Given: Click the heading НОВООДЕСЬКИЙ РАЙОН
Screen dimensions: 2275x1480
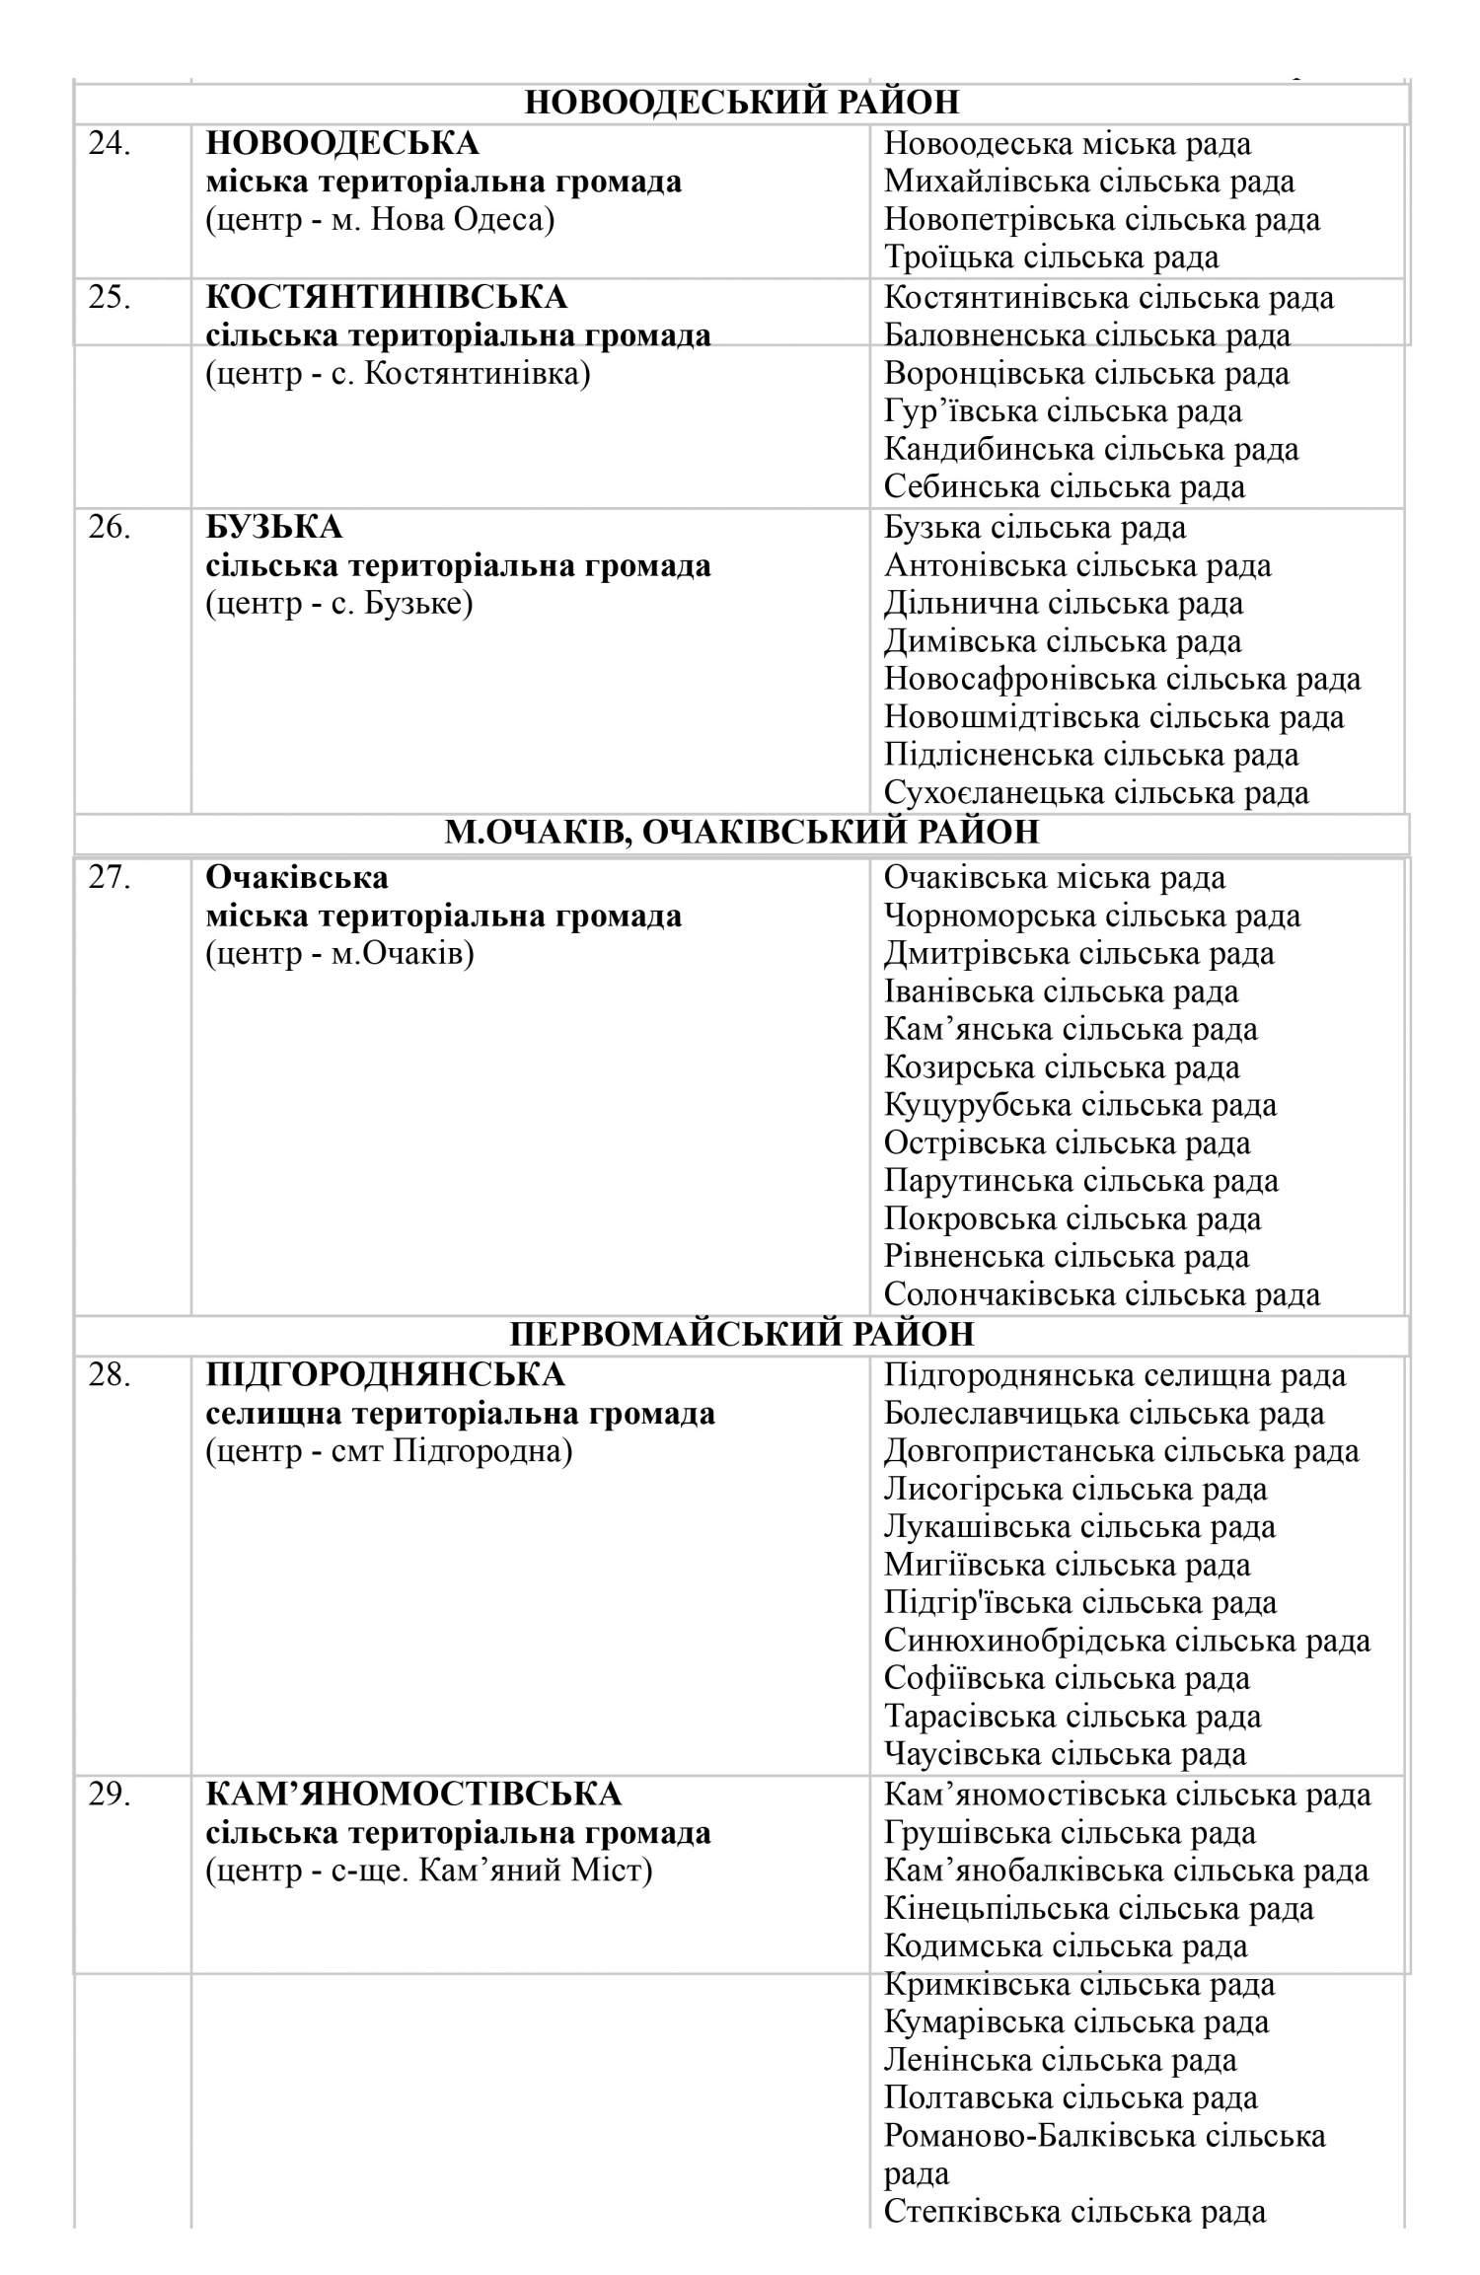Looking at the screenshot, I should click(x=741, y=103).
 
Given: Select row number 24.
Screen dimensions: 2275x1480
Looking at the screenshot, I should click(x=110, y=144).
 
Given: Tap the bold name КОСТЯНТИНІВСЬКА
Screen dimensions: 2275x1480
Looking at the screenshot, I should click(x=386, y=297).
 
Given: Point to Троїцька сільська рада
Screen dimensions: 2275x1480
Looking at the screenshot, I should click(x=1051, y=257).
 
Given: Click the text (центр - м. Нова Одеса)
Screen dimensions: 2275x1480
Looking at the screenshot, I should click(x=380, y=219).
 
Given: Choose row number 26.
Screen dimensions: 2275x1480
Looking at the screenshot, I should click(x=110, y=528).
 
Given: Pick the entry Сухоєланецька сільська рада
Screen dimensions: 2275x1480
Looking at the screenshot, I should click(x=1096, y=793).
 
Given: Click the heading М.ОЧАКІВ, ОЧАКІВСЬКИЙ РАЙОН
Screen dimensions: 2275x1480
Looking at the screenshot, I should click(x=741, y=833).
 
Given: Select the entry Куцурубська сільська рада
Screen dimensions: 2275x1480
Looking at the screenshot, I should click(x=1079, y=1105).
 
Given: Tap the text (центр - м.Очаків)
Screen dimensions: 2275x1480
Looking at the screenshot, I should click(x=339, y=954).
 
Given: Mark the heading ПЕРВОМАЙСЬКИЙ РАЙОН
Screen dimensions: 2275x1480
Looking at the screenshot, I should click(x=741, y=1334).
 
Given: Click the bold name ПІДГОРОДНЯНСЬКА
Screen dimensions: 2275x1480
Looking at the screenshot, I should click(x=385, y=1374).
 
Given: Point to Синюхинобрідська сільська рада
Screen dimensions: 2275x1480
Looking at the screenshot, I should click(x=1127, y=1641).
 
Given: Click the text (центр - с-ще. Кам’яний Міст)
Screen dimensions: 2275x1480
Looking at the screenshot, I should click(x=428, y=1871).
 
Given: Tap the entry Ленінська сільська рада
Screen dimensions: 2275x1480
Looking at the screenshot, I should click(x=1060, y=2060).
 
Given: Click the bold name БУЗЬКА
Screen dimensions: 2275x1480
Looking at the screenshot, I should click(x=273, y=528).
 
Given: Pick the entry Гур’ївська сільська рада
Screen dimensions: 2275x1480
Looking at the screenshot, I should click(x=1062, y=411).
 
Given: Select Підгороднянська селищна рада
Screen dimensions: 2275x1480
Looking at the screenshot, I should click(x=1114, y=1375).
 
